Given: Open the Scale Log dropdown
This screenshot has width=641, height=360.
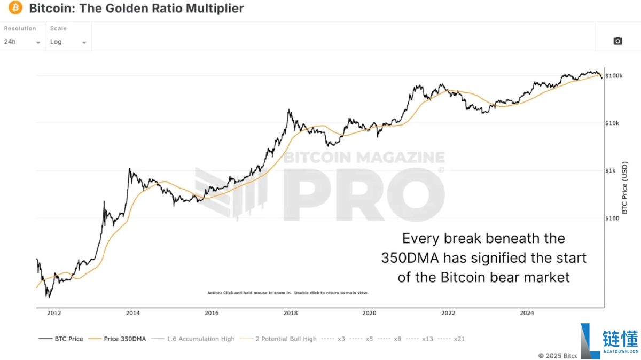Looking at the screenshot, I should click(68, 42).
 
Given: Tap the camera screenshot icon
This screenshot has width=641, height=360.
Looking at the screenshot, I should click(617, 41).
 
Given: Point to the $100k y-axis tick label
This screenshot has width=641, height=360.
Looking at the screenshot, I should click(614, 76).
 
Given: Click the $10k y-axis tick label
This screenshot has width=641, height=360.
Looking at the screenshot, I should click(613, 123).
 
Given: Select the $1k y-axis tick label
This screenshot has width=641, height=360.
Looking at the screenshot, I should click(611, 171).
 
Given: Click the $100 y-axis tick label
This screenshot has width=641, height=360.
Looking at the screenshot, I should click(613, 218).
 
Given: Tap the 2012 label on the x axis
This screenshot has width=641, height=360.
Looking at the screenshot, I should click(54, 313).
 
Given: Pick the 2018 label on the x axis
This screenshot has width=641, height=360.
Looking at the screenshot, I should click(291, 313).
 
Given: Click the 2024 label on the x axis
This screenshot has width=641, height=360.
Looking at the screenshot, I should click(527, 313).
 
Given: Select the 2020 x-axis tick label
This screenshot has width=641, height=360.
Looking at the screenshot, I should click(369, 313).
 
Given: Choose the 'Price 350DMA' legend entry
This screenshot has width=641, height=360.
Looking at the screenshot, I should click(118, 339).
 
